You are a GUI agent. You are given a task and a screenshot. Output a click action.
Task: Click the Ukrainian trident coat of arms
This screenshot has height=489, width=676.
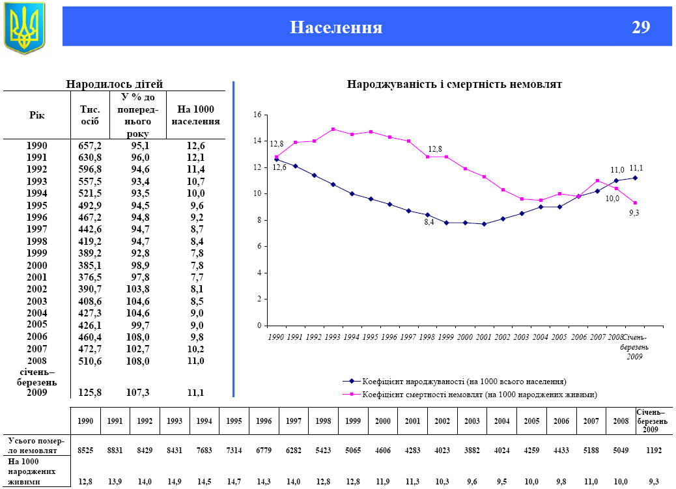point(25,28)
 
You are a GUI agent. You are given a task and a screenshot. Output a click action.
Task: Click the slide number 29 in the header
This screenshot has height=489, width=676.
point(640,27)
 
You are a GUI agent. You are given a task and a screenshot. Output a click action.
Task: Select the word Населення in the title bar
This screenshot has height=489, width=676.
point(336,27)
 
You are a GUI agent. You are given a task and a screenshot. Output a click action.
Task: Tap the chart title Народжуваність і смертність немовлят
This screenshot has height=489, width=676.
point(454,84)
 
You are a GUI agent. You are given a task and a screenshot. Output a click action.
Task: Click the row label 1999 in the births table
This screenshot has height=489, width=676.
point(36,253)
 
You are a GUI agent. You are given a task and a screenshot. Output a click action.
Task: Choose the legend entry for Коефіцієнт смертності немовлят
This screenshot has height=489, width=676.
point(479,395)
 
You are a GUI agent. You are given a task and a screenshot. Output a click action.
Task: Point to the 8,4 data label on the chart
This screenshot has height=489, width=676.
point(429,222)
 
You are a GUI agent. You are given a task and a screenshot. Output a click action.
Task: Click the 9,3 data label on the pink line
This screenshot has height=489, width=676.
point(634,212)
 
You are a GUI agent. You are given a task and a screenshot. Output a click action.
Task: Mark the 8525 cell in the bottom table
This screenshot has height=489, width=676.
point(85,450)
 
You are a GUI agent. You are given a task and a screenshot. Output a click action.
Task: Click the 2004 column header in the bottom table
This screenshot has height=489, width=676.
point(501,421)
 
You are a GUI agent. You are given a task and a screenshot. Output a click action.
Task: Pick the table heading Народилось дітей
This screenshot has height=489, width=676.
point(115,84)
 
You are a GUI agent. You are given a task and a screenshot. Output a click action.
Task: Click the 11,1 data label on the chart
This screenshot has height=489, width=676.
point(636,168)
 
